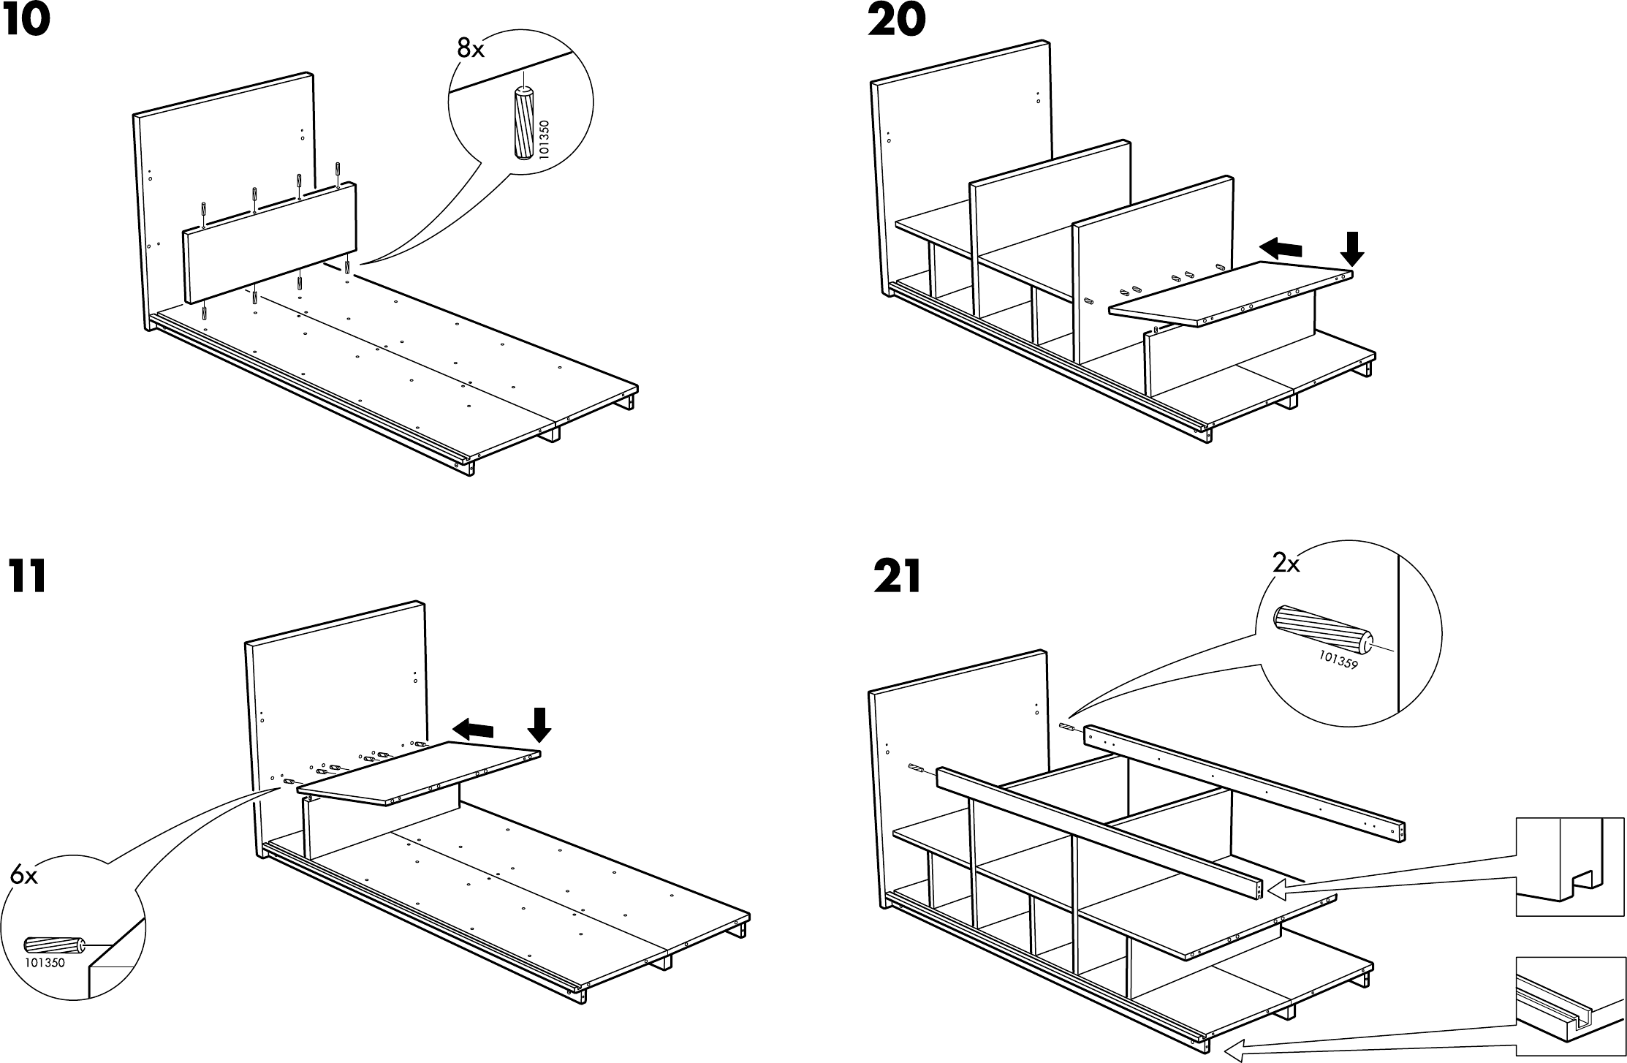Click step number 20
click(896, 20)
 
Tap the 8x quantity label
click(471, 50)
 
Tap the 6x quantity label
click(23, 875)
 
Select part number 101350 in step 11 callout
click(45, 963)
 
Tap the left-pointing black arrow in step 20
click(1281, 249)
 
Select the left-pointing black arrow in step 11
click(473, 728)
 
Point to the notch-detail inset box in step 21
click(1560, 866)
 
